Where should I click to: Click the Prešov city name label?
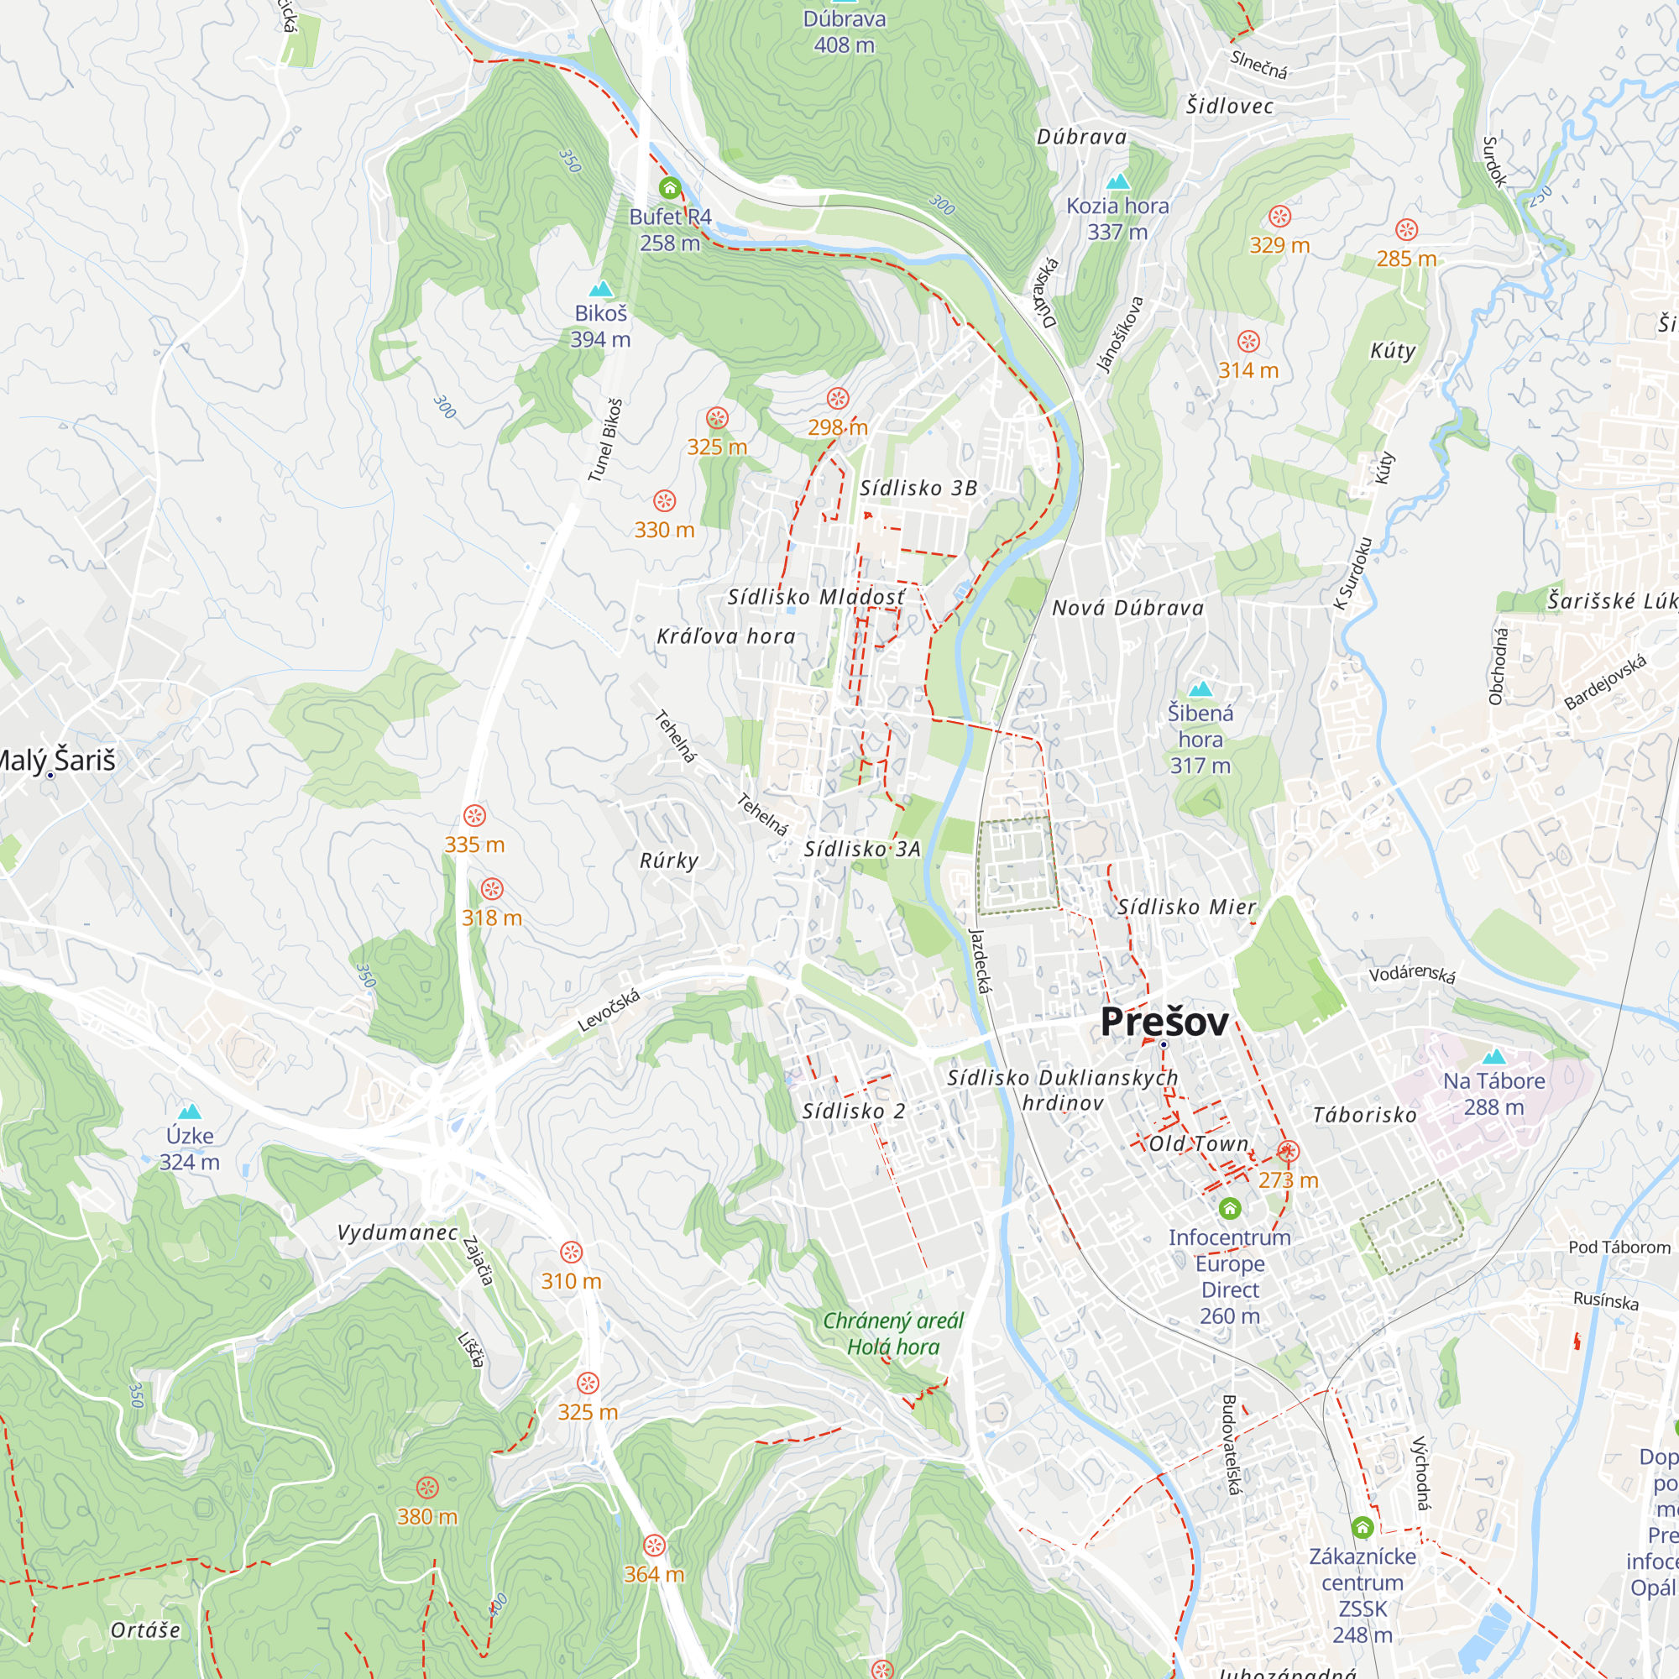pyautogui.click(x=1164, y=1022)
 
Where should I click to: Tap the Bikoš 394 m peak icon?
pyautogui.click(x=600, y=289)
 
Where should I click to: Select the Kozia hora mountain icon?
pyautogui.click(x=1117, y=181)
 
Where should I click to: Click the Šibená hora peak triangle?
pyautogui.click(x=1200, y=689)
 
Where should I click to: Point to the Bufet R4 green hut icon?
pyautogui.click(x=669, y=188)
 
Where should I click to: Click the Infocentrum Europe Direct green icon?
pyautogui.click(x=1229, y=1209)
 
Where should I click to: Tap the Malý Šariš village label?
pyautogui.click(x=57, y=761)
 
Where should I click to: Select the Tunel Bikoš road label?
pyautogui.click(x=604, y=441)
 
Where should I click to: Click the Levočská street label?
pyautogui.click(x=609, y=1011)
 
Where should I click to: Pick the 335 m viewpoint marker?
pyautogui.click(x=473, y=815)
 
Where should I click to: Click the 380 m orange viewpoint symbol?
pyautogui.click(x=426, y=1487)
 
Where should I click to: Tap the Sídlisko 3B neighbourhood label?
pyautogui.click(x=918, y=489)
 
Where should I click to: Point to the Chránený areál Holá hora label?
pyautogui.click(x=892, y=1334)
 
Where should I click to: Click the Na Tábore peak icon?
pyautogui.click(x=1494, y=1057)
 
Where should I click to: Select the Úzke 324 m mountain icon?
pyautogui.click(x=190, y=1111)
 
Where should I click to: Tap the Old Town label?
pyautogui.click(x=1199, y=1143)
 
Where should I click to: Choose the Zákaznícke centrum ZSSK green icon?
pyautogui.click(x=1362, y=1527)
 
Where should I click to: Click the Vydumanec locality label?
pyautogui.click(x=397, y=1232)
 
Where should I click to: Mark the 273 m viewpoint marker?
pyautogui.click(x=1288, y=1153)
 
